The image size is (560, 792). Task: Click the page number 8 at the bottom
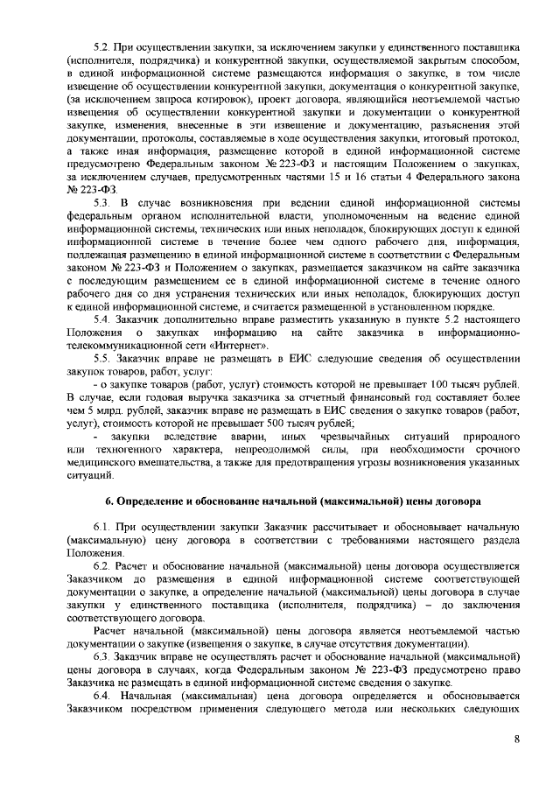517,739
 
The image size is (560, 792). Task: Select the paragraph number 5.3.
101,203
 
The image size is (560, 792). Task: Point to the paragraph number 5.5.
101,359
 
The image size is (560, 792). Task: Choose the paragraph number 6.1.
101,529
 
